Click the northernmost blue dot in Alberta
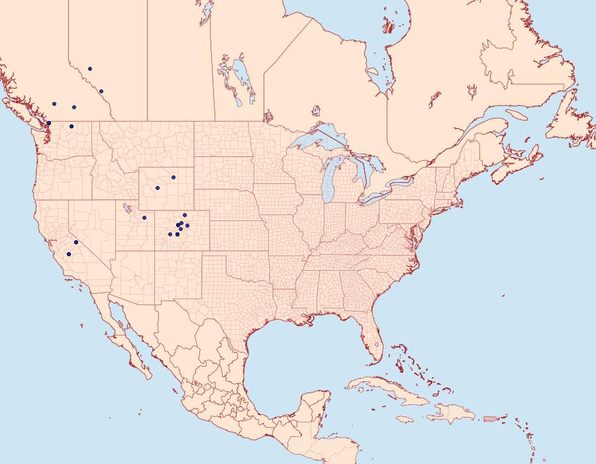(90, 69)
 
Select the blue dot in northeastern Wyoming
(174, 177)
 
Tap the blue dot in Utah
(144, 218)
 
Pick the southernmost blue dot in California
(69, 254)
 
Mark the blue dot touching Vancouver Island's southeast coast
(49, 123)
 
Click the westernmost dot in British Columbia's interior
(54, 104)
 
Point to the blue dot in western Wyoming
(158, 188)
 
